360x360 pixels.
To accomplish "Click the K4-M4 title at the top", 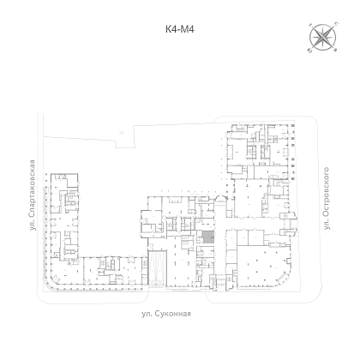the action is coord(180,29).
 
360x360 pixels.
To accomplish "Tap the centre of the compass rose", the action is coord(322,37).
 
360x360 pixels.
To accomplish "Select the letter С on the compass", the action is coord(337,23).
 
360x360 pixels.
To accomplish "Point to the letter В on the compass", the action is coord(336,51).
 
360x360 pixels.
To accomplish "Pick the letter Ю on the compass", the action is coord(309,51).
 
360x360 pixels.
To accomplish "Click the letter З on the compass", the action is coord(310,24).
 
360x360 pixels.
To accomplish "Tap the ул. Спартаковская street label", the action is coord(33,195).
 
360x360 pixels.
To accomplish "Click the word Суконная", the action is coord(173,314).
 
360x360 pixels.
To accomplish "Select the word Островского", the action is coord(327,193).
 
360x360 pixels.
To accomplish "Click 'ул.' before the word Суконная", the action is coord(147,314).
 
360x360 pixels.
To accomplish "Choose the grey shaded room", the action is coord(208,237).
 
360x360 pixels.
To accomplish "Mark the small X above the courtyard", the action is coord(122,132).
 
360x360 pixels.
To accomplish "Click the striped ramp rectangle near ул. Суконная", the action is coord(157,268).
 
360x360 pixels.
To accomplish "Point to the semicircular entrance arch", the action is coord(219,197).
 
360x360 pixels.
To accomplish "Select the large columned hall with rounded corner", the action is coord(264,267).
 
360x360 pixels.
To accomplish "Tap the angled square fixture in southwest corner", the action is coord(56,278).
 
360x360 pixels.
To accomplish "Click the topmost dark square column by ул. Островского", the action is coord(292,126).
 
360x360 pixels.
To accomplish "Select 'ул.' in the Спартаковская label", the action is coord(33,225).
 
